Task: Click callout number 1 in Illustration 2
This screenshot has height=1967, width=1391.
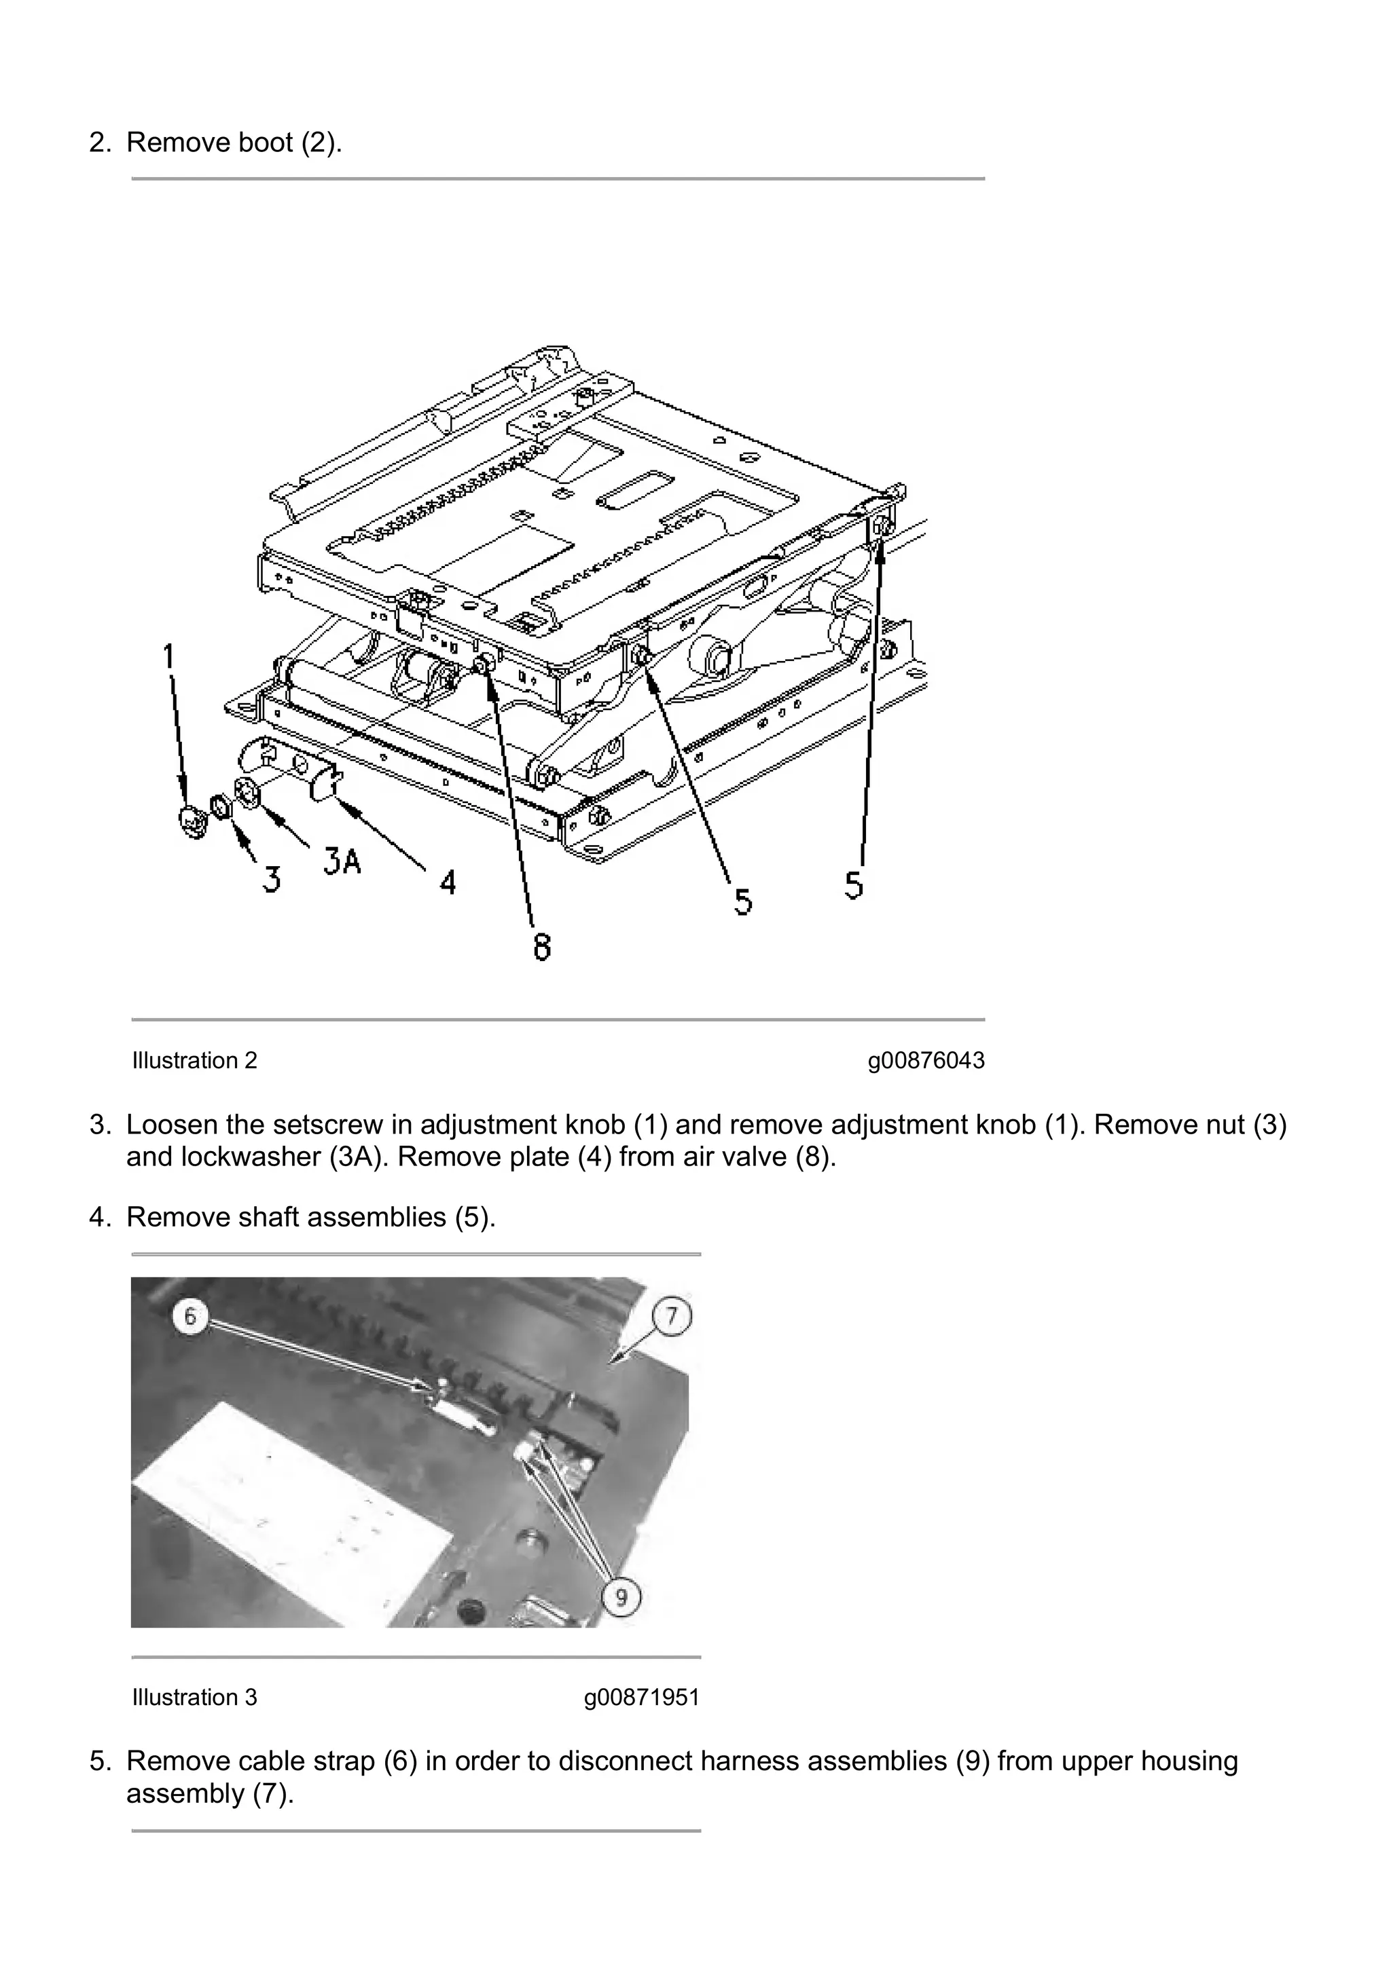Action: click(x=169, y=657)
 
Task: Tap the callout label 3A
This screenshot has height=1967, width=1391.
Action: click(x=341, y=860)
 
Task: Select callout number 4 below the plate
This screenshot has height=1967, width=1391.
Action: click(x=448, y=882)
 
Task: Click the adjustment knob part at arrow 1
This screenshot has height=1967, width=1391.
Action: click(x=194, y=819)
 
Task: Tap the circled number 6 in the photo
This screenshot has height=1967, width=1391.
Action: click(x=190, y=1315)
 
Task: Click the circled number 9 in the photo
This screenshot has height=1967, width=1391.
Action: click(x=621, y=1596)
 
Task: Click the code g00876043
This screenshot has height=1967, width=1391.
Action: click(x=926, y=1061)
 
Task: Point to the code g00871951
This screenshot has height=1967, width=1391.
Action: click(x=641, y=1697)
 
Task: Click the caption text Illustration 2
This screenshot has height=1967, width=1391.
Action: click(x=194, y=1061)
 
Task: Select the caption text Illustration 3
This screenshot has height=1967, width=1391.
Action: click(x=194, y=1697)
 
